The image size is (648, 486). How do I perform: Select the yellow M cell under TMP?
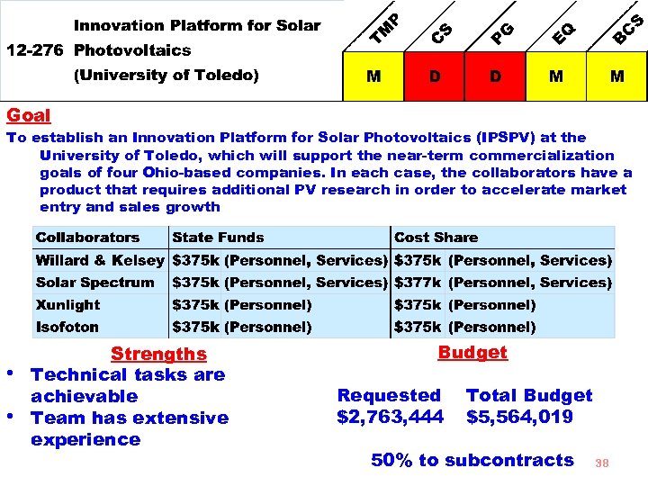pos(373,76)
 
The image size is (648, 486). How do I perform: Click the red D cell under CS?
pos(435,76)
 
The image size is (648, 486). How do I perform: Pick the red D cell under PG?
pos(496,76)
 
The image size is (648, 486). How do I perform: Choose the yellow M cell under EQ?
pos(556,76)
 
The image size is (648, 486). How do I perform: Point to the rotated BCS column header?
pos(628,29)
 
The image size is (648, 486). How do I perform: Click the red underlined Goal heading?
pos(28,116)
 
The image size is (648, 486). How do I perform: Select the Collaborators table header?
pos(87,238)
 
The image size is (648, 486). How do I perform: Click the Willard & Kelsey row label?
pos(100,260)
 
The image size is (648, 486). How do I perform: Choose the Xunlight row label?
pos(67,305)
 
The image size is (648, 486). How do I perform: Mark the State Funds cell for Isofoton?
pos(242,327)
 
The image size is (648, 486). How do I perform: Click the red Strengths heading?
pos(158,355)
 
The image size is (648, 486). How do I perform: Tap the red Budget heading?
pos(472,353)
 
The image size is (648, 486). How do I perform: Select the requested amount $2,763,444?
pos(390,417)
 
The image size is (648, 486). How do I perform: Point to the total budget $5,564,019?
pos(519,417)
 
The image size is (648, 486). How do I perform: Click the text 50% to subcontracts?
pos(472,460)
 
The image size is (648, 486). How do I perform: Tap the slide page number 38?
pos(602,463)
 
